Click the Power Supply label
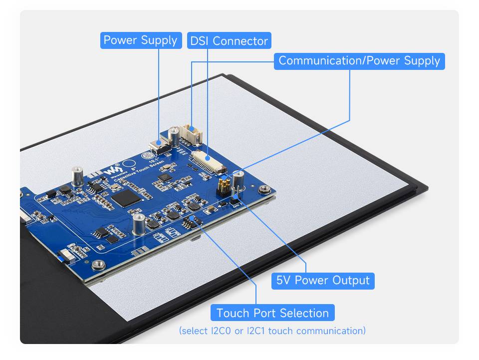point(140,40)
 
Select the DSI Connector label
point(229,41)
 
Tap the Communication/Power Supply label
point(359,61)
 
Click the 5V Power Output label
point(323,281)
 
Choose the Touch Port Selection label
point(272,313)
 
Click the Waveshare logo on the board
point(110,170)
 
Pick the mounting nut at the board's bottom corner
point(98,265)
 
